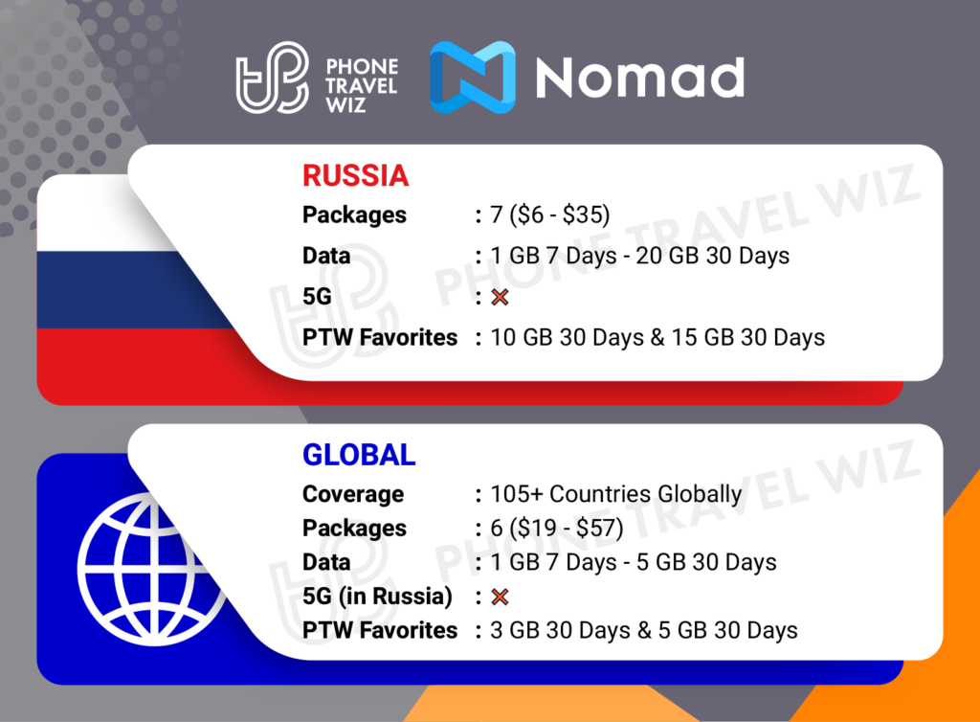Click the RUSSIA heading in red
point(356,175)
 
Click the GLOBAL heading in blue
point(359,455)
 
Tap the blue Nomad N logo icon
point(473,77)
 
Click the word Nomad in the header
point(640,78)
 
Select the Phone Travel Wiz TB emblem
point(273,78)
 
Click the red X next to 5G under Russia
point(500,297)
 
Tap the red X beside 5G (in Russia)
point(500,597)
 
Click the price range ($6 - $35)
point(559,214)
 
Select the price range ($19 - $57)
point(567,528)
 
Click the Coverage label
point(353,494)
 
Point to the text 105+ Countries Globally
point(615,494)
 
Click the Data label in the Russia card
point(326,256)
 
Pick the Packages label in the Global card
point(354,529)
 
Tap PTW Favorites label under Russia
point(380,338)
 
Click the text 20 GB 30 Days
point(712,256)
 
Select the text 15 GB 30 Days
point(748,338)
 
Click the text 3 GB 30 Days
point(560,630)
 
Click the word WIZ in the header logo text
point(345,104)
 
